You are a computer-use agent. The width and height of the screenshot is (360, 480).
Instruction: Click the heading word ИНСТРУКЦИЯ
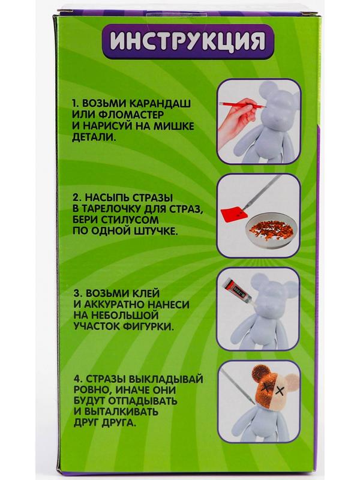pos(187,41)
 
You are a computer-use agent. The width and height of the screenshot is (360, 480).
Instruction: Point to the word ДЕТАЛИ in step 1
pos(94,137)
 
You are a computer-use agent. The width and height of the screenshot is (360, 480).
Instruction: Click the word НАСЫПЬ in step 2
pos(106,197)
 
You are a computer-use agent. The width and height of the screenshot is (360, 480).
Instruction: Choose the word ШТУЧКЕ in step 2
pos(152,231)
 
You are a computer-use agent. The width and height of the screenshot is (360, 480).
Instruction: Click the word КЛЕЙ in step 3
pos(145,293)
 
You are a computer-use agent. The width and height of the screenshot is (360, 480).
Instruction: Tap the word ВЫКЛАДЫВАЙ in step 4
pos(166,379)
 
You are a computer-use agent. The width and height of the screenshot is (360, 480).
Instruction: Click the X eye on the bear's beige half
pos(280,391)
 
